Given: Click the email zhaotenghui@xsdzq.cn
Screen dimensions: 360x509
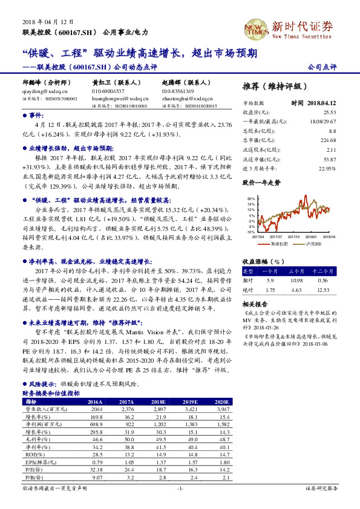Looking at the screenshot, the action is point(182,97).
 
